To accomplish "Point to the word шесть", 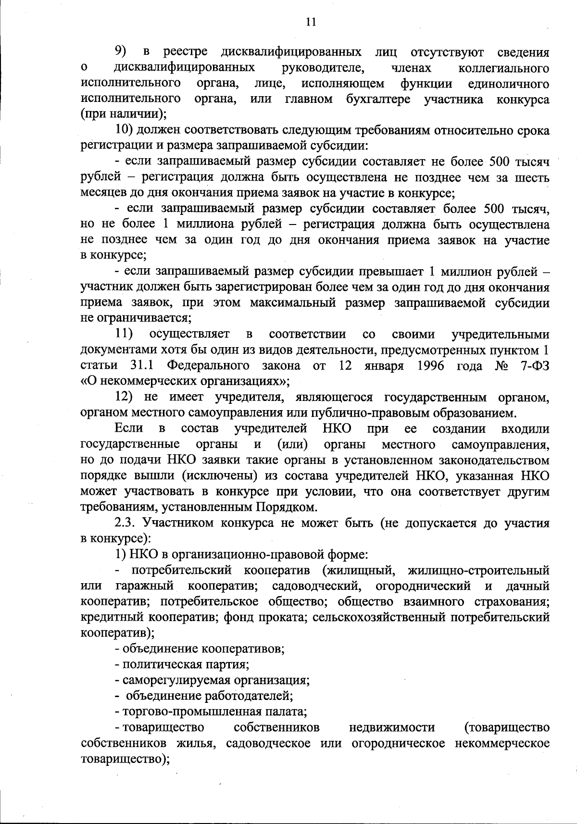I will coord(531,177).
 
